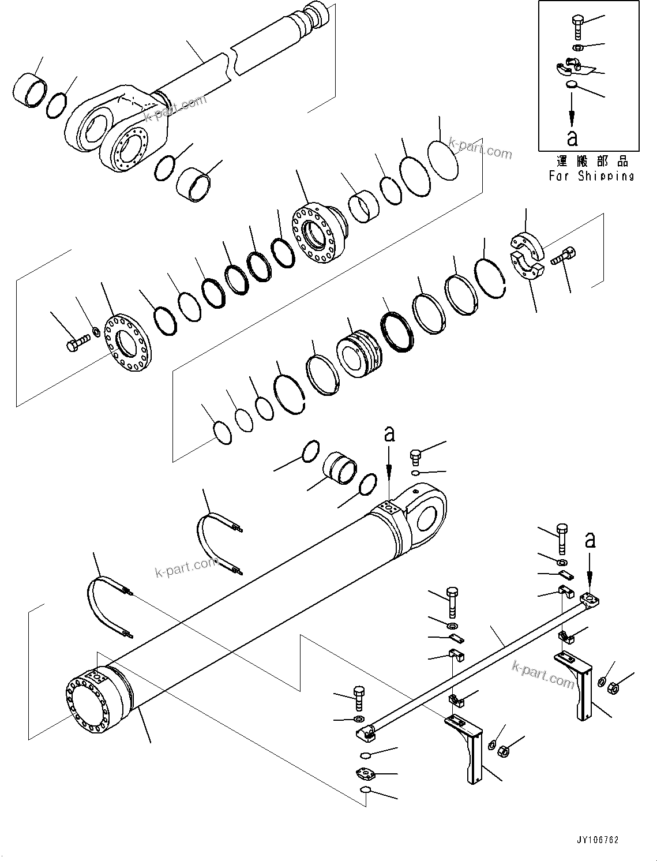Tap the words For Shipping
[591, 176]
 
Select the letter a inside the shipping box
[572, 138]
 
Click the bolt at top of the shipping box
[579, 26]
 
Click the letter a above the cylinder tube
[390, 433]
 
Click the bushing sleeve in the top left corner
[29, 89]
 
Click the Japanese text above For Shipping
[591, 161]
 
